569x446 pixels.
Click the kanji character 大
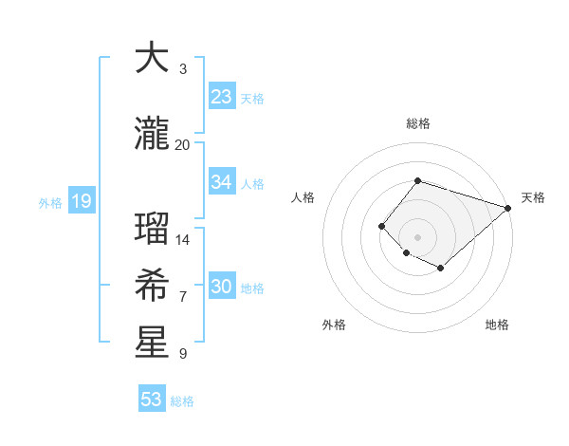[x=152, y=59]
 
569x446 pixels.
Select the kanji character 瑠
[x=152, y=229]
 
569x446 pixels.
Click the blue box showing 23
[x=221, y=97]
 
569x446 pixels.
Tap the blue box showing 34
[x=221, y=182]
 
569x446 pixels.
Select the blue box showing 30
[x=221, y=287]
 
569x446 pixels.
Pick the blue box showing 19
[x=81, y=201]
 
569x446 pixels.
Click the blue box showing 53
[x=152, y=400]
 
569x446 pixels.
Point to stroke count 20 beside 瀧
[x=182, y=144]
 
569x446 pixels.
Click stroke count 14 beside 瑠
[x=182, y=239]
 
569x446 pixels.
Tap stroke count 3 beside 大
[x=182, y=68]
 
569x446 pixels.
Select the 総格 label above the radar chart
[x=417, y=123]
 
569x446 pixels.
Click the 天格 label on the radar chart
[x=533, y=197]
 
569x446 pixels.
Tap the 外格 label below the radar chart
[x=334, y=325]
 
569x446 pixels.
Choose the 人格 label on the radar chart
[x=303, y=197]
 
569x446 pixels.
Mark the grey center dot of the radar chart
[x=417, y=236]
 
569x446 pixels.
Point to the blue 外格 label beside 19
[x=50, y=202]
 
